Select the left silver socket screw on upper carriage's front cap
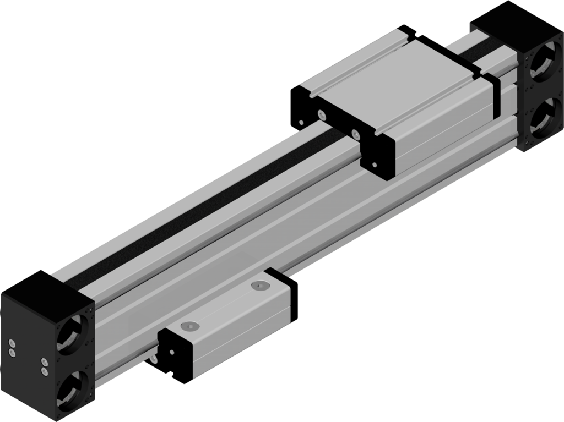coord(321,114)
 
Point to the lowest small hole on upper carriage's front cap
coord(375,163)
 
